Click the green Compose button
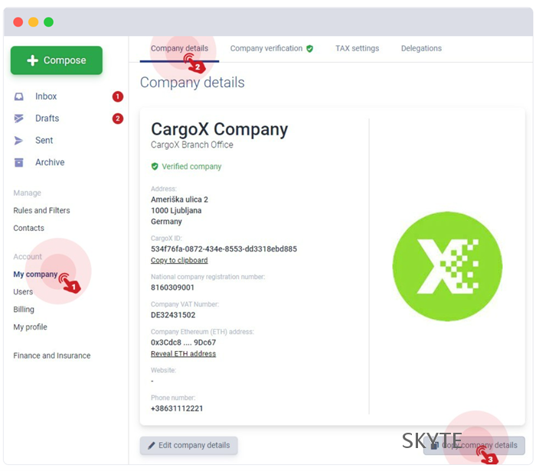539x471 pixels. [x=56, y=60]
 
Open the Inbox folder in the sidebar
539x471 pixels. [x=46, y=96]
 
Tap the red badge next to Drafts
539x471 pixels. [x=118, y=119]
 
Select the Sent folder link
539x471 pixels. [x=44, y=141]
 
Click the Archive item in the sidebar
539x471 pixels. [x=49, y=162]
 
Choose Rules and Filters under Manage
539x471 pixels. [x=41, y=210]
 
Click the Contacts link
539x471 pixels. [x=28, y=228]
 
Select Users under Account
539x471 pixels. [x=23, y=292]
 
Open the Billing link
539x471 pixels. [x=24, y=310]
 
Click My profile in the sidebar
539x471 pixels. [x=30, y=327]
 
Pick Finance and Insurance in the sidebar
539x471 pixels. [x=51, y=356]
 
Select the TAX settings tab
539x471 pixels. [x=357, y=48]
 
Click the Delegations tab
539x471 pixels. [x=421, y=48]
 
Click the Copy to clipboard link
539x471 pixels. [x=179, y=261]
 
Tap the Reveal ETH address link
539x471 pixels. [x=183, y=354]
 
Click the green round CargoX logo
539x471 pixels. [x=447, y=266]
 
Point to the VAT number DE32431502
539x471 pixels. [x=173, y=315]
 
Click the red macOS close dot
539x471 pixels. [x=18, y=22]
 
